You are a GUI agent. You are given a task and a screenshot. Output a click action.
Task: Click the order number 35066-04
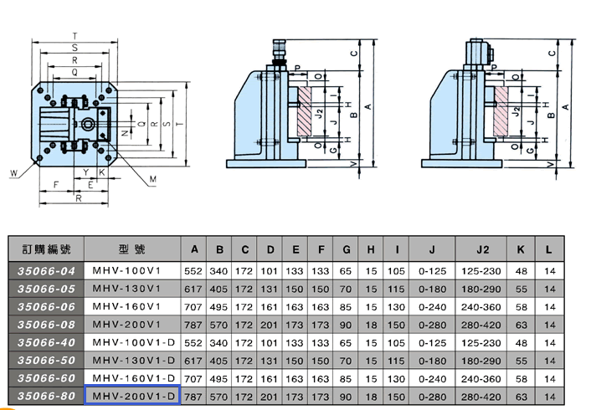[46, 271]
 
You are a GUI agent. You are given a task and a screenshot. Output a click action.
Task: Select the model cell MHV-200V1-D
[132, 395]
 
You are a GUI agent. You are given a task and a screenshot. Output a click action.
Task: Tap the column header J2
[481, 249]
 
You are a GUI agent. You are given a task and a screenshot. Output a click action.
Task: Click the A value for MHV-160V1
[193, 307]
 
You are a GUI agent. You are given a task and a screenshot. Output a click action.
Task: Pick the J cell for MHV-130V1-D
[432, 361]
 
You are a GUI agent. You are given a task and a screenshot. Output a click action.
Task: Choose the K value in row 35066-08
[521, 325]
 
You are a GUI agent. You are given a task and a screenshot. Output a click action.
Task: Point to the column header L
[549, 249]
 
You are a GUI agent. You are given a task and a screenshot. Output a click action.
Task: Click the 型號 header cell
[132, 249]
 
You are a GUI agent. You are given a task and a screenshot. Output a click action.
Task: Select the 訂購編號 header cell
[46, 249]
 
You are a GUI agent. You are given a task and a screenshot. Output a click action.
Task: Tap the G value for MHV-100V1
[345, 271]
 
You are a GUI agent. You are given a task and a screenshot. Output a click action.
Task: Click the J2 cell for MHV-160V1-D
[481, 379]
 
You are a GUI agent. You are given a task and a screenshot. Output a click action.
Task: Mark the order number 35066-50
[46, 361]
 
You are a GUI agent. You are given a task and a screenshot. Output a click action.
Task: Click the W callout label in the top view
[13, 173]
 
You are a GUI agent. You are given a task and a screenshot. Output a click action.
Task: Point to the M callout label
[152, 179]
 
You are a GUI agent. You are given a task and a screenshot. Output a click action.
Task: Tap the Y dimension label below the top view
[86, 172]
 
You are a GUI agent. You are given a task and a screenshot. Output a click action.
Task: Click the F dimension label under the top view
[56, 185]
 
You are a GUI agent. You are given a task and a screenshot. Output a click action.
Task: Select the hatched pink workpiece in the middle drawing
[304, 111]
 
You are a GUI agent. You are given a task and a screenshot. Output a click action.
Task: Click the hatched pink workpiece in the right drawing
[501, 111]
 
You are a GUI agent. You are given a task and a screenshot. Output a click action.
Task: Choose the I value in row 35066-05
[396, 289]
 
